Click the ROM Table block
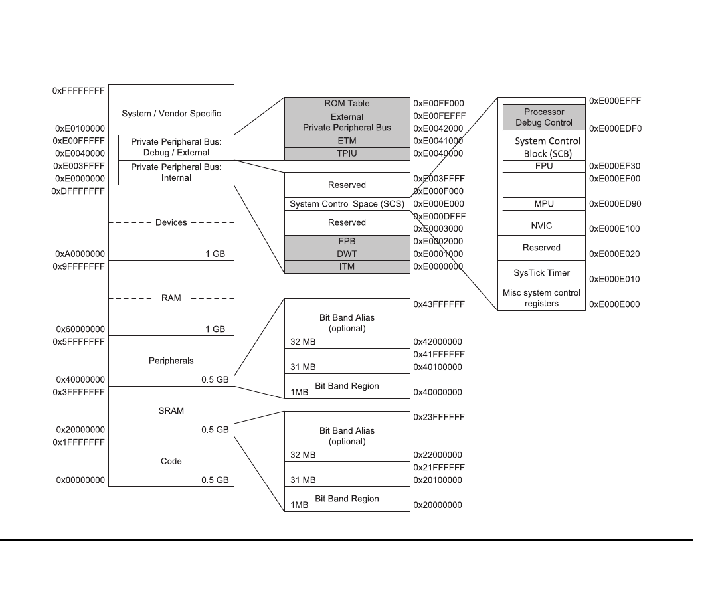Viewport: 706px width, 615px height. (347, 104)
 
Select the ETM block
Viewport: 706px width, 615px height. (347, 141)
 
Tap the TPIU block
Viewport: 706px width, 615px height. (347, 154)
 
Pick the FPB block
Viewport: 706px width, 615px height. (347, 242)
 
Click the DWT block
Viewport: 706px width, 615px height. (347, 254)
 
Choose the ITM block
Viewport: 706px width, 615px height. (347, 267)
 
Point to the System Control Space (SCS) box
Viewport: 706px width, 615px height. (347, 204)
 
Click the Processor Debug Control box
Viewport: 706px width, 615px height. (543, 117)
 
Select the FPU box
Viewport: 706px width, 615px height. (543, 166)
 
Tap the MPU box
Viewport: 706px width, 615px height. (543, 204)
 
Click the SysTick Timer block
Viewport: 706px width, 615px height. (541, 273)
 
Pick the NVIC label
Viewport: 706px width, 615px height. (541, 226)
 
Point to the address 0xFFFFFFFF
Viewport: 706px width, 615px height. (78, 90)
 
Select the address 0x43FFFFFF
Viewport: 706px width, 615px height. (438, 304)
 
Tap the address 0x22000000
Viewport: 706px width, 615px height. (438, 455)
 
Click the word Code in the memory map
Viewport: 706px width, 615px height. (171, 461)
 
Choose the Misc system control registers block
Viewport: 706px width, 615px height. (541, 298)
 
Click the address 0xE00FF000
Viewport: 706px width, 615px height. (438, 104)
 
